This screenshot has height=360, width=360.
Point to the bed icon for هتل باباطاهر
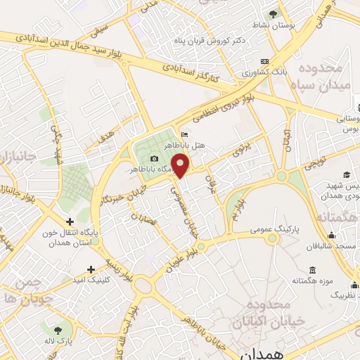(184, 134)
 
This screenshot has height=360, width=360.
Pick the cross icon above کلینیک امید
(91, 269)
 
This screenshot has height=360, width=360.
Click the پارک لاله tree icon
(57, 328)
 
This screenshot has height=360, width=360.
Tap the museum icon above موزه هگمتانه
(312, 271)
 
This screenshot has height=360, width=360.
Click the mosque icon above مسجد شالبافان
(311, 237)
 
